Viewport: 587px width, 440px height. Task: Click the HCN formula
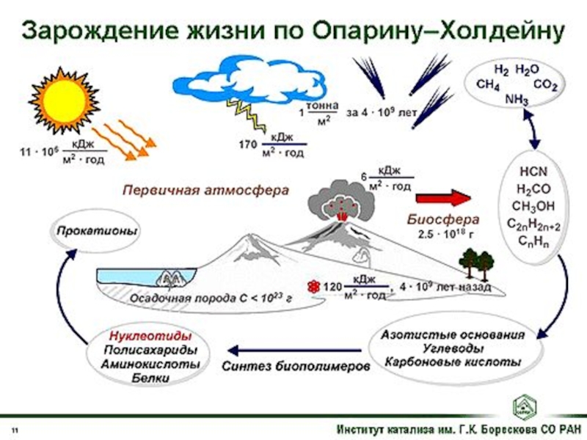click(528, 172)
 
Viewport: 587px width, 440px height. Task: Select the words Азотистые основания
click(453, 334)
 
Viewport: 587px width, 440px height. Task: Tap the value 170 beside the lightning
click(249, 144)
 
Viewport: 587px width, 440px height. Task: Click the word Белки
click(150, 378)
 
